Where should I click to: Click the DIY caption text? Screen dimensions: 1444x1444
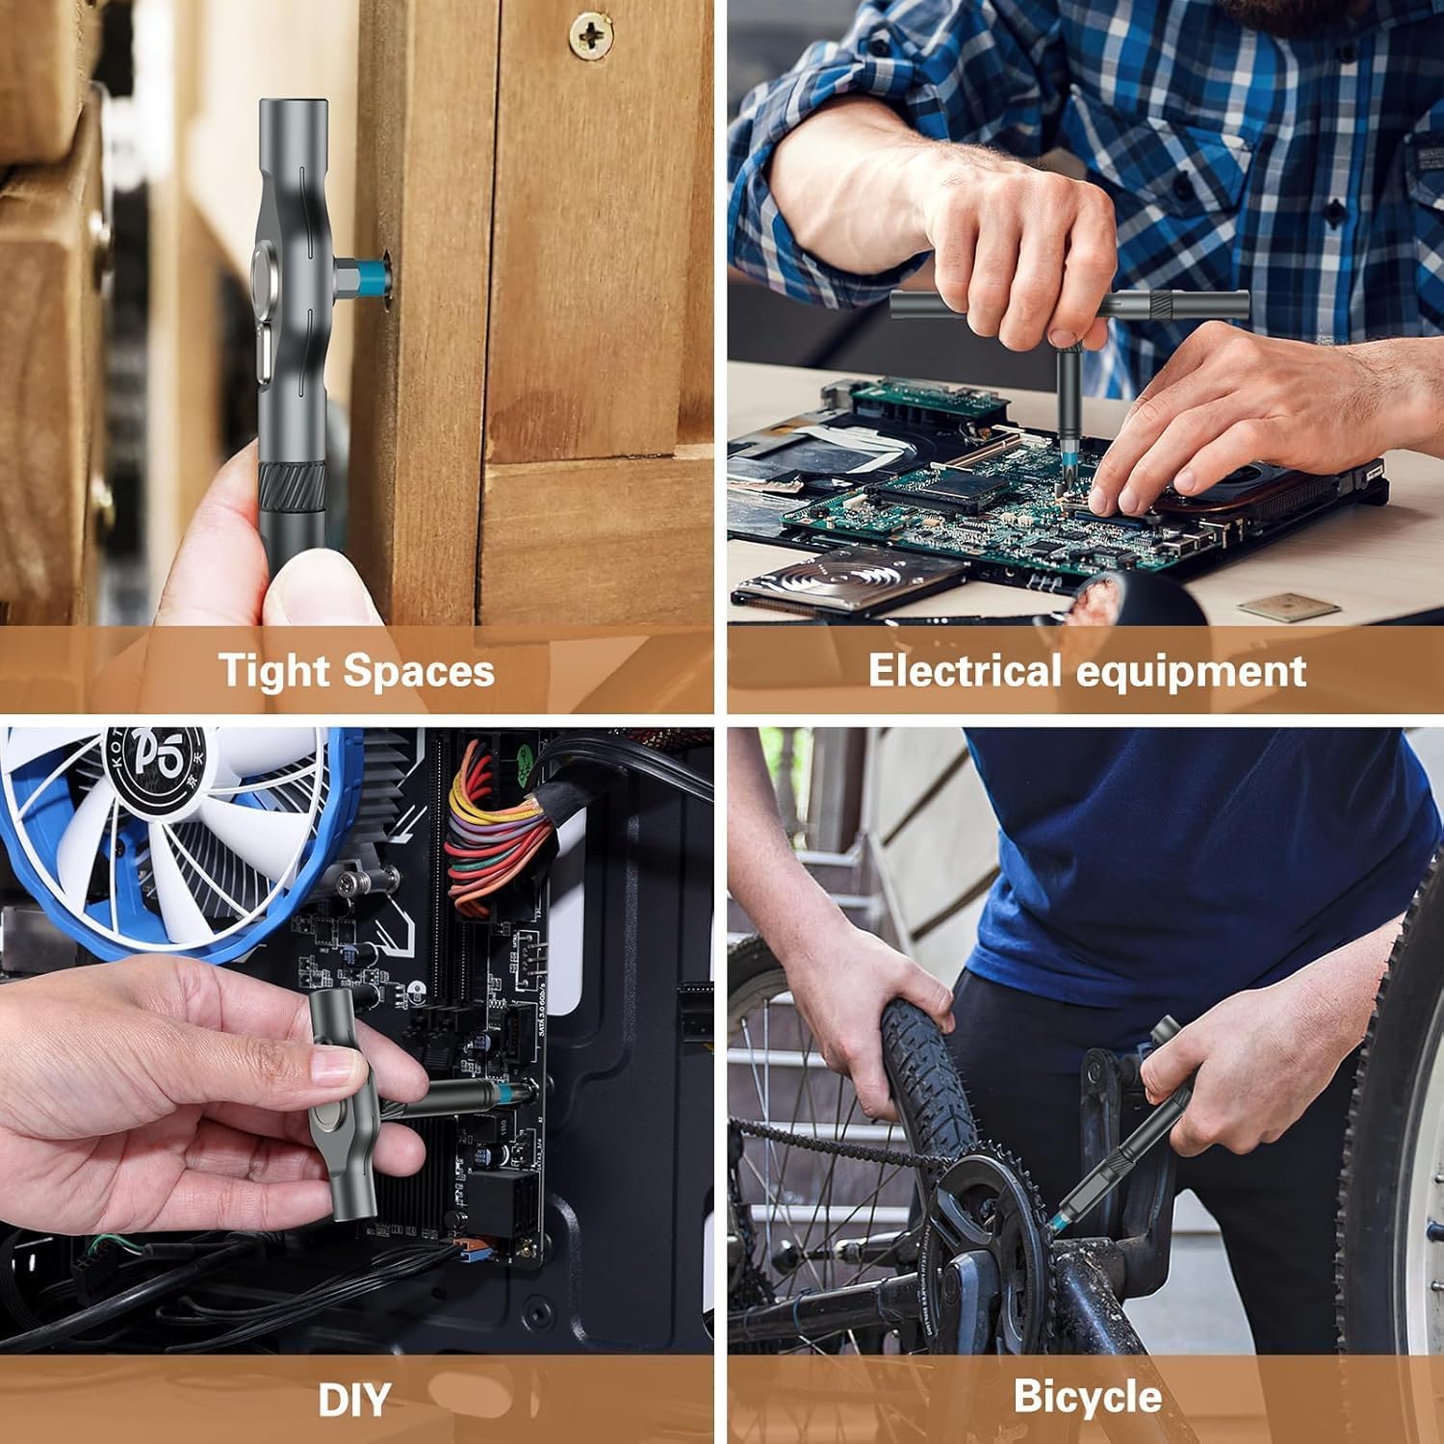(354, 1399)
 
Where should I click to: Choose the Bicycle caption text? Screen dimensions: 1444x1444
(1087, 1397)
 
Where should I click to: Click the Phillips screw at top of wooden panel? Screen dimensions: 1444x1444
(590, 37)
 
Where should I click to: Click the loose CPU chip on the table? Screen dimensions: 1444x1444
(1288, 606)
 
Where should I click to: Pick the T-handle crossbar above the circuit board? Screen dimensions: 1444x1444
(1069, 305)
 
